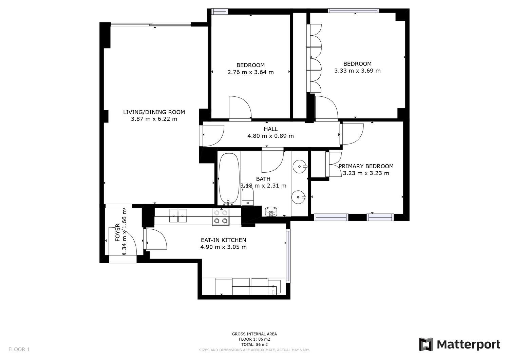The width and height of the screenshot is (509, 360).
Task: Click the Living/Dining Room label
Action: click(x=154, y=112)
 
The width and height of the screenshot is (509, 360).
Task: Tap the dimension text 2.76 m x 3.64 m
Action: click(x=250, y=72)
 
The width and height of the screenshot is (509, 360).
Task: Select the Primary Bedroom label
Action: click(x=366, y=166)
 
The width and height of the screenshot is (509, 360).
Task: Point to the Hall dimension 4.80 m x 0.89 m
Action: click(x=270, y=136)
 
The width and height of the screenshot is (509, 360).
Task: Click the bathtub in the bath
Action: click(x=229, y=179)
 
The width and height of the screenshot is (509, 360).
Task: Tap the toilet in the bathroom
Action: click(x=248, y=196)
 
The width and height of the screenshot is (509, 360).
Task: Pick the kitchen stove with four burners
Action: click(x=221, y=217)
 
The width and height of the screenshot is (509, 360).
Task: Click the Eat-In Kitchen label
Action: click(x=223, y=240)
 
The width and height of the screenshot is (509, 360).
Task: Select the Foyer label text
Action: click(x=117, y=232)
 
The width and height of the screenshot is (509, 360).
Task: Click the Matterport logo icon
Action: click(x=426, y=344)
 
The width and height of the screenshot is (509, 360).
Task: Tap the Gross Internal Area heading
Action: click(x=254, y=334)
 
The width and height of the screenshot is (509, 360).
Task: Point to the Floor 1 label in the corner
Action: click(x=19, y=349)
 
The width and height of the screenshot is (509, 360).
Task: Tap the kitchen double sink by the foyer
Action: click(x=178, y=215)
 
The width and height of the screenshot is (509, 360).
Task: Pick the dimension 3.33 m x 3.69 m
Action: click(x=357, y=71)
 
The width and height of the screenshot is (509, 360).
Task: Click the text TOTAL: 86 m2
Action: click(x=254, y=344)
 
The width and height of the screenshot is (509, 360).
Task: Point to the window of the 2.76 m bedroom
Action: click(x=220, y=11)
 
